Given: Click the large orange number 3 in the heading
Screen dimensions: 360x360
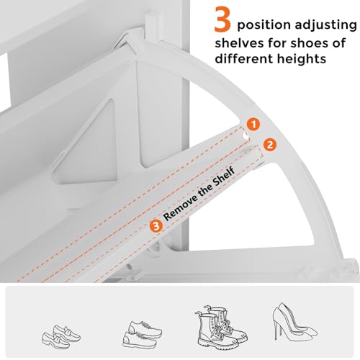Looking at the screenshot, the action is point(222,20).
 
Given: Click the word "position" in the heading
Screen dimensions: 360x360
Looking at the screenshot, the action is point(264,25).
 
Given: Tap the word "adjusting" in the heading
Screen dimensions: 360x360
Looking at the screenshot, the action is point(326,25).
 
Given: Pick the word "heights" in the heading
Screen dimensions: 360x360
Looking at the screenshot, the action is point(302,59).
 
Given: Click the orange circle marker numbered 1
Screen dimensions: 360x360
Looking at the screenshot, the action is point(253,124).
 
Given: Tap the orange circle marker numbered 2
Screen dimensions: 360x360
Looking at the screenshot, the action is point(270,145).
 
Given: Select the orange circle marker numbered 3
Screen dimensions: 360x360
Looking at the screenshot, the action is point(156,226).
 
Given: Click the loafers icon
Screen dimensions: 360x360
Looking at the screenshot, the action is point(61,336).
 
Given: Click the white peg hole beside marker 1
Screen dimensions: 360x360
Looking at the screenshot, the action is point(246,135).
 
